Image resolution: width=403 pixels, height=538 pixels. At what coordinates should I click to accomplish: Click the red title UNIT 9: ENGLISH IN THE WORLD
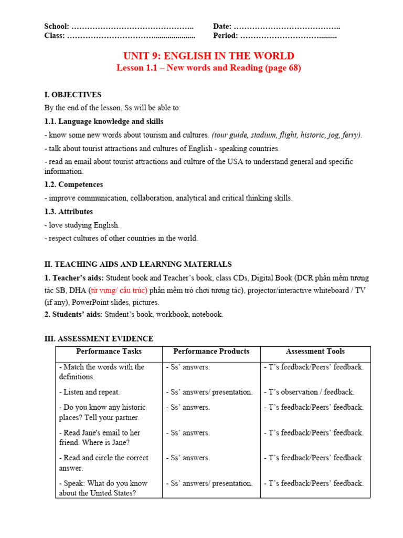[208, 56]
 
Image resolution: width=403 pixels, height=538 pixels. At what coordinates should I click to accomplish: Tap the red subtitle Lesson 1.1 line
[208, 68]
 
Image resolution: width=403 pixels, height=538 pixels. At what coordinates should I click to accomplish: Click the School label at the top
[56, 26]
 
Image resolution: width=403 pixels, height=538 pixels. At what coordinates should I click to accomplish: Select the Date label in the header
[222, 26]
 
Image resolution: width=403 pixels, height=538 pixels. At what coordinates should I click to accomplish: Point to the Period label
[226, 36]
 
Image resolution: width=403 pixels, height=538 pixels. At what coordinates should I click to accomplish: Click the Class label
[55, 36]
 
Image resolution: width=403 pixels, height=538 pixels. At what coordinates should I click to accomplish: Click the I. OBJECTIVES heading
[73, 95]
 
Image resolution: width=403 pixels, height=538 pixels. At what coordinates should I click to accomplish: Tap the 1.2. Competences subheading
[73, 184]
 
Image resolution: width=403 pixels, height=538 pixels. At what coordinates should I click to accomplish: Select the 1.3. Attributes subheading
[69, 211]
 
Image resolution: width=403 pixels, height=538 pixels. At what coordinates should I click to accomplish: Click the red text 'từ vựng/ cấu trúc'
[118, 291]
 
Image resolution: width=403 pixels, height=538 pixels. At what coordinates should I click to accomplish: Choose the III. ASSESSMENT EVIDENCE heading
[99, 339]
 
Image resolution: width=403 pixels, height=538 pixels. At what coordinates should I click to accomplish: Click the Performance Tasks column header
[109, 351]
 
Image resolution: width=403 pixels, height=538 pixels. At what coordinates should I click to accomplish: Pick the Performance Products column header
[211, 351]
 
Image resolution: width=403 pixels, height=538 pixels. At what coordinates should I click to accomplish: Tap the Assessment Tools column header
[315, 351]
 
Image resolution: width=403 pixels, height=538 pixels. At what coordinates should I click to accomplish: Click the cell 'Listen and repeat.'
[90, 392]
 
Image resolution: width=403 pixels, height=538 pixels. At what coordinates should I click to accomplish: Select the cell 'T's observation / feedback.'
[309, 392]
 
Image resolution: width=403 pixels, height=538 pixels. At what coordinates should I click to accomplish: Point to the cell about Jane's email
[100, 438]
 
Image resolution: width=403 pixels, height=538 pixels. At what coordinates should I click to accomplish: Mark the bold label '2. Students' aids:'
[73, 314]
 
